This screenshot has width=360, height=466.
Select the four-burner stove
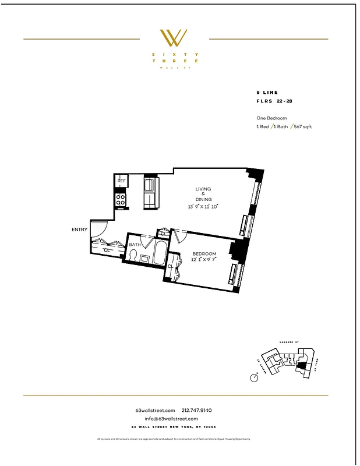121,200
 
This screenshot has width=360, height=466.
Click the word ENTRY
79,230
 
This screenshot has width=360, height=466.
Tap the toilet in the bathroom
132,255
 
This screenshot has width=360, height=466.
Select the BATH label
135,245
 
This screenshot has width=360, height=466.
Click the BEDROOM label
204,254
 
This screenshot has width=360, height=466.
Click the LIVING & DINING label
203,195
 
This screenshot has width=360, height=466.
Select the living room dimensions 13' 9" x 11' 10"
203,207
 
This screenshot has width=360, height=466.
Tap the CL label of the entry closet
107,250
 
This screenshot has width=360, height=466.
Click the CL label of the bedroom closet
170,266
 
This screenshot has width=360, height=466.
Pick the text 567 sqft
301,126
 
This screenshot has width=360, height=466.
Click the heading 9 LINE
267,93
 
